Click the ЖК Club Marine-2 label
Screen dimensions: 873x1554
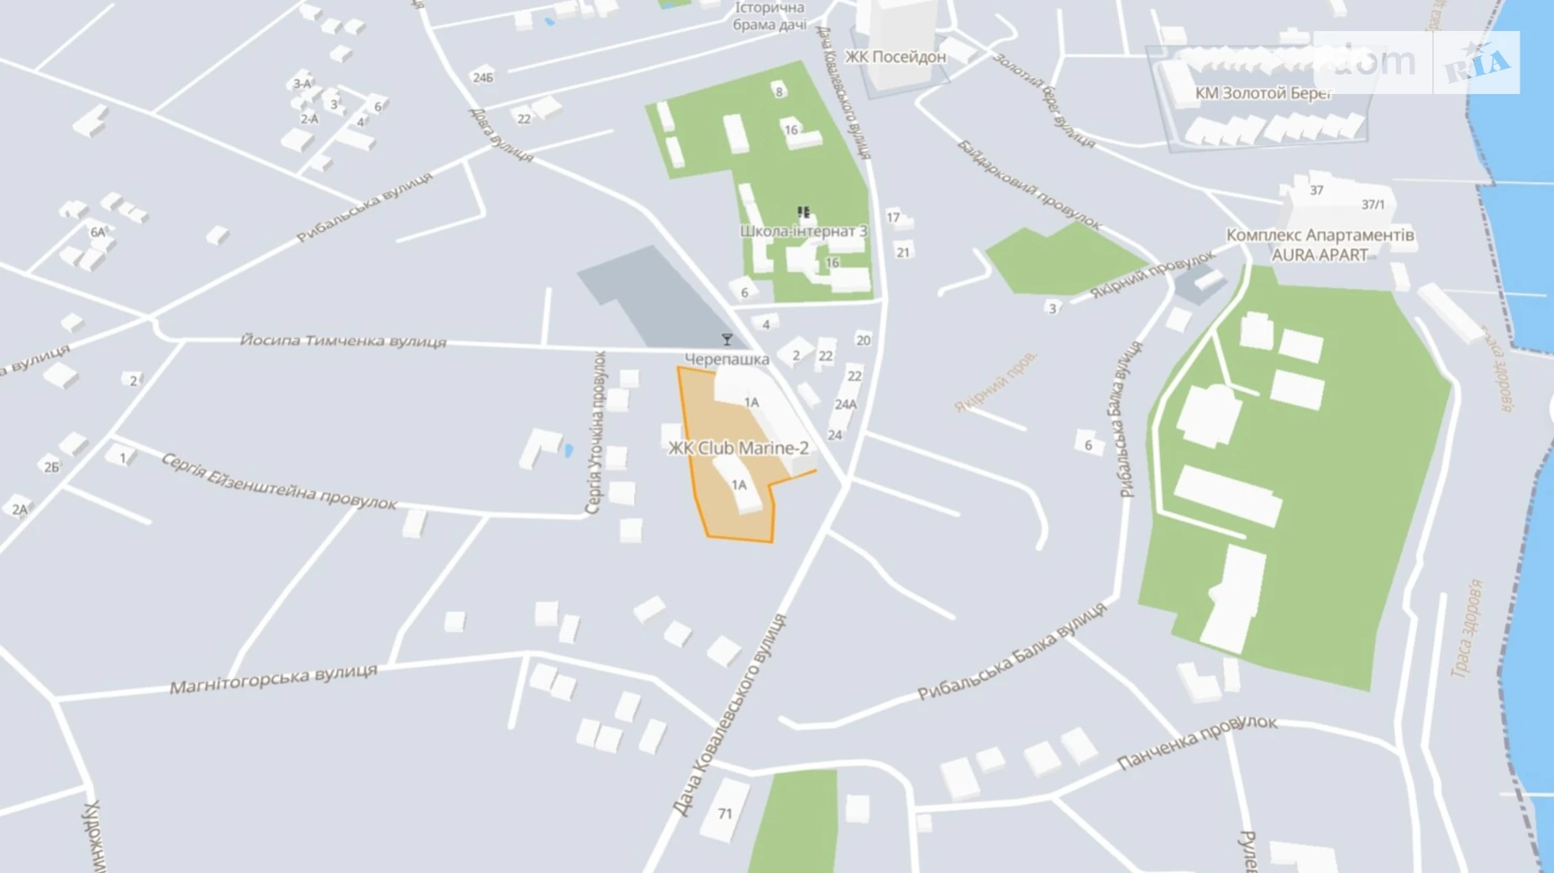click(x=738, y=448)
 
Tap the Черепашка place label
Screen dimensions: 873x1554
click(x=727, y=359)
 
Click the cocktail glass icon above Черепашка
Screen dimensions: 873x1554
click(x=727, y=339)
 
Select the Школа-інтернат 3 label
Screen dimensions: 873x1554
click(x=803, y=231)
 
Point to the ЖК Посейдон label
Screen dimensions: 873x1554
click(x=895, y=57)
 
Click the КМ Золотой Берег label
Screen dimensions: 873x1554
click(x=1263, y=93)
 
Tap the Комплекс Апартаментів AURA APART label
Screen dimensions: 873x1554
click(x=1320, y=245)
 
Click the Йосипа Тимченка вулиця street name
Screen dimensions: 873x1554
click(x=343, y=340)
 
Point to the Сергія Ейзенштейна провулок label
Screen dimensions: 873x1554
click(x=278, y=483)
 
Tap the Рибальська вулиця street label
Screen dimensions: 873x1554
click(x=365, y=207)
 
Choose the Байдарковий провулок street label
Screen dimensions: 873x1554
click(x=1028, y=186)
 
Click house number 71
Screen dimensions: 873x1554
click(x=725, y=813)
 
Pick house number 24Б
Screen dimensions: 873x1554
click(x=483, y=77)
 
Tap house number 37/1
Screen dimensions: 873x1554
click(x=1373, y=204)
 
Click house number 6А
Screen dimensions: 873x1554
click(x=98, y=232)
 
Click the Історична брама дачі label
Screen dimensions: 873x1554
click(x=769, y=16)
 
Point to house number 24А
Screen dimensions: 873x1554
click(x=845, y=405)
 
